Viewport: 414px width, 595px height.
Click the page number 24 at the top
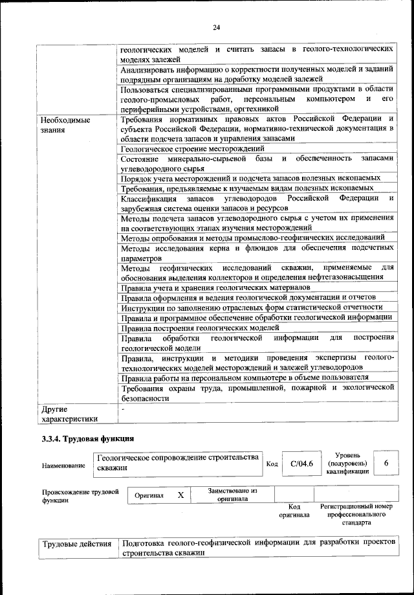[216, 27]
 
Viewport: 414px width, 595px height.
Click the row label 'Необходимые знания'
[65, 125]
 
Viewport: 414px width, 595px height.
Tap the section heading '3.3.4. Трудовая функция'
[83, 440]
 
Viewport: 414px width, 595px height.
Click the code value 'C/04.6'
[301, 464]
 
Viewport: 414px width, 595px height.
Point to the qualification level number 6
[386, 464]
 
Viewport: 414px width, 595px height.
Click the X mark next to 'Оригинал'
[181, 495]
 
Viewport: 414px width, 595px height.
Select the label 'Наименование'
[63, 465]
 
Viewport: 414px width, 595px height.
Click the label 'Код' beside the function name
[272, 464]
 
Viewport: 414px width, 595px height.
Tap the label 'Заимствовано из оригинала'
[233, 495]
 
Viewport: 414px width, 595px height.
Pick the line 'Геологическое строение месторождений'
[193, 148]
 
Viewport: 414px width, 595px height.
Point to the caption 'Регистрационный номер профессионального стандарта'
[356, 514]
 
